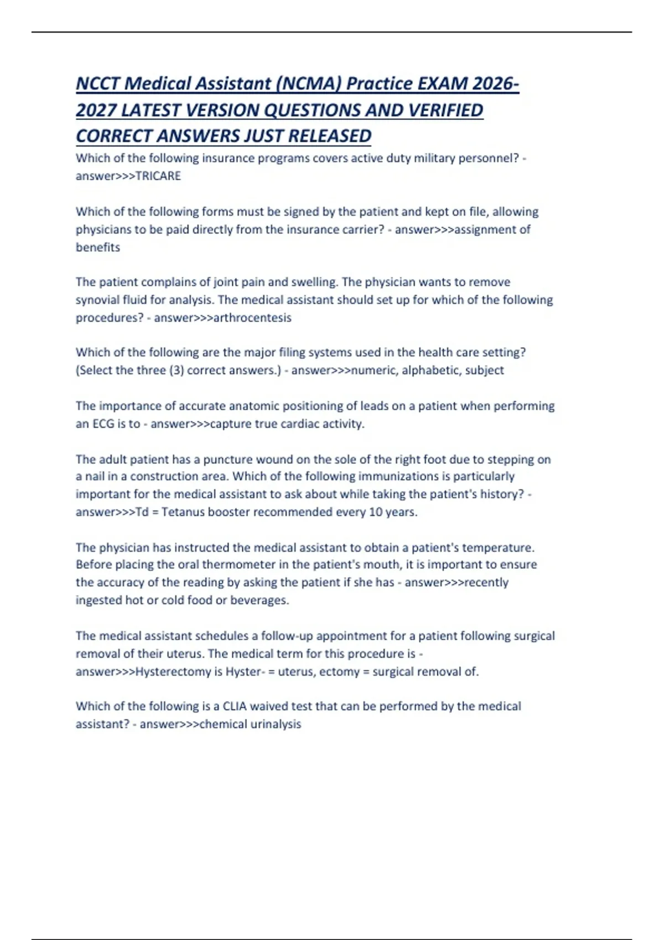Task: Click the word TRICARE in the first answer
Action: point(158,176)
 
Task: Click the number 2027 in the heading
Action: point(96,110)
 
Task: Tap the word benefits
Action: point(98,247)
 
